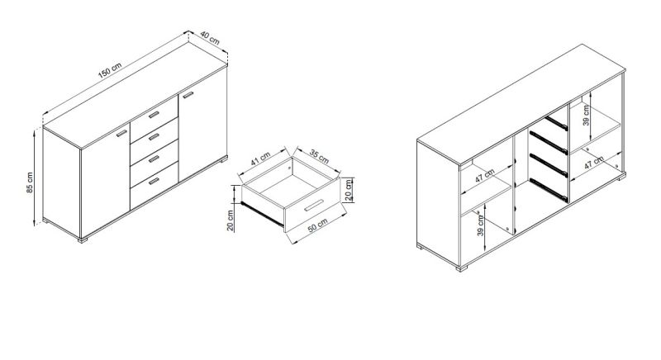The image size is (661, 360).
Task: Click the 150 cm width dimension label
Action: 110,70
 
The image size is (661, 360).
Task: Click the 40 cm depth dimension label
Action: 210,38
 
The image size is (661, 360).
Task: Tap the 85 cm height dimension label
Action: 30,182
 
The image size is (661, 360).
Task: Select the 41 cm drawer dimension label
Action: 260,159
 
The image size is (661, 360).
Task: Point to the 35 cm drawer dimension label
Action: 319,156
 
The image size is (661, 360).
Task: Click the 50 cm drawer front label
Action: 317,225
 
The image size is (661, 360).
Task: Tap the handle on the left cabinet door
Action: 121,133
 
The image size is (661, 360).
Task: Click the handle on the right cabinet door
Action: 188,95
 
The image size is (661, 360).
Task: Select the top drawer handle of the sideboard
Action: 154,115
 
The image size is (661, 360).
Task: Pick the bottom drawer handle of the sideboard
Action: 154,181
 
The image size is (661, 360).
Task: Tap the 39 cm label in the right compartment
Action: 587,116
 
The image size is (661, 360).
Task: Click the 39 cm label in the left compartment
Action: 481,225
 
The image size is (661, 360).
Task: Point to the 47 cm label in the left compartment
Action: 485,175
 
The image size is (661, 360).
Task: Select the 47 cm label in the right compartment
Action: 594,163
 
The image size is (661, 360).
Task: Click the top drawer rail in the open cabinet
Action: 556,122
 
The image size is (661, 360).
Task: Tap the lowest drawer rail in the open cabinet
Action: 548,188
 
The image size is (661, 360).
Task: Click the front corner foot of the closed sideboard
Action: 83,240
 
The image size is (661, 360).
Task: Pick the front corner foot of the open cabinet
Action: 462,268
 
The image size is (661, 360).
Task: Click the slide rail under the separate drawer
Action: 261,214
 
